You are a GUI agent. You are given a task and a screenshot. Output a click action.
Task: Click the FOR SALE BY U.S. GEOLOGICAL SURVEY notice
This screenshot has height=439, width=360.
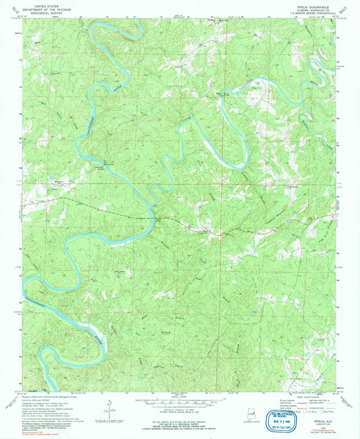point(179,413)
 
